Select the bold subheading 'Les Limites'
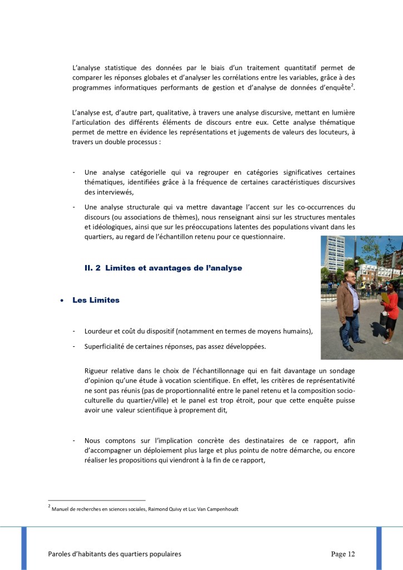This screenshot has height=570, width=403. tap(96, 300)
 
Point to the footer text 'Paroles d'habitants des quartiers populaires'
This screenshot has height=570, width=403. tap(115, 554)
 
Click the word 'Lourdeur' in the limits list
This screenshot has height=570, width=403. tap(100, 331)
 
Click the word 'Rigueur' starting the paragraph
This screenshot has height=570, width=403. tap(97, 370)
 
